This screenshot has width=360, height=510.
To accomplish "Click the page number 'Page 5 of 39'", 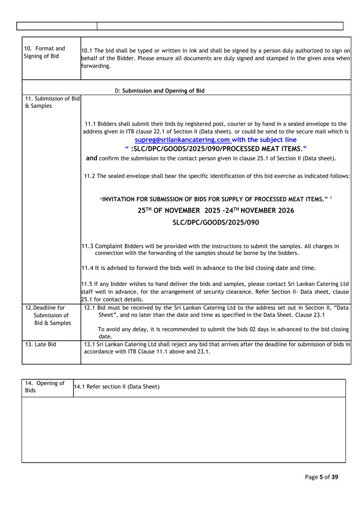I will click(x=322, y=477).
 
